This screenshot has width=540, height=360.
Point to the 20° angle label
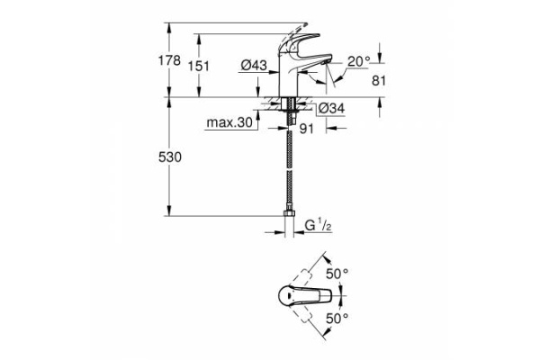point(358,61)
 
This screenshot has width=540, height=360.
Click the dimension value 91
point(307,129)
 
